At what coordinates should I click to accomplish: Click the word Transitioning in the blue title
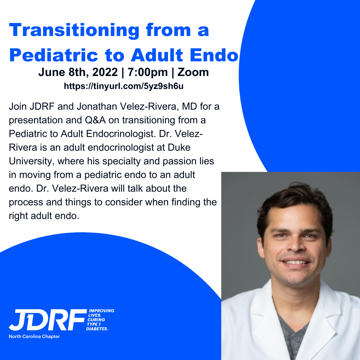pos(74,30)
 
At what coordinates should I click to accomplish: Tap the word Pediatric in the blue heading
pos(54,55)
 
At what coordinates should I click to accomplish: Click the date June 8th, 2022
pos(78,73)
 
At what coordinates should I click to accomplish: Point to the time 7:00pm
pos(148,73)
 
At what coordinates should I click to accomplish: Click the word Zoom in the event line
pos(193,72)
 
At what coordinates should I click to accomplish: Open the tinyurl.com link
pos(124,86)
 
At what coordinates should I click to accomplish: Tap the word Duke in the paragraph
pos(179,147)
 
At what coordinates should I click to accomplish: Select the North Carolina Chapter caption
pos(34,337)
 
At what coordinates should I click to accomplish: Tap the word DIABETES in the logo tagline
pos(97,329)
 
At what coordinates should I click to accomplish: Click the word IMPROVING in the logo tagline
pos(101,311)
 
